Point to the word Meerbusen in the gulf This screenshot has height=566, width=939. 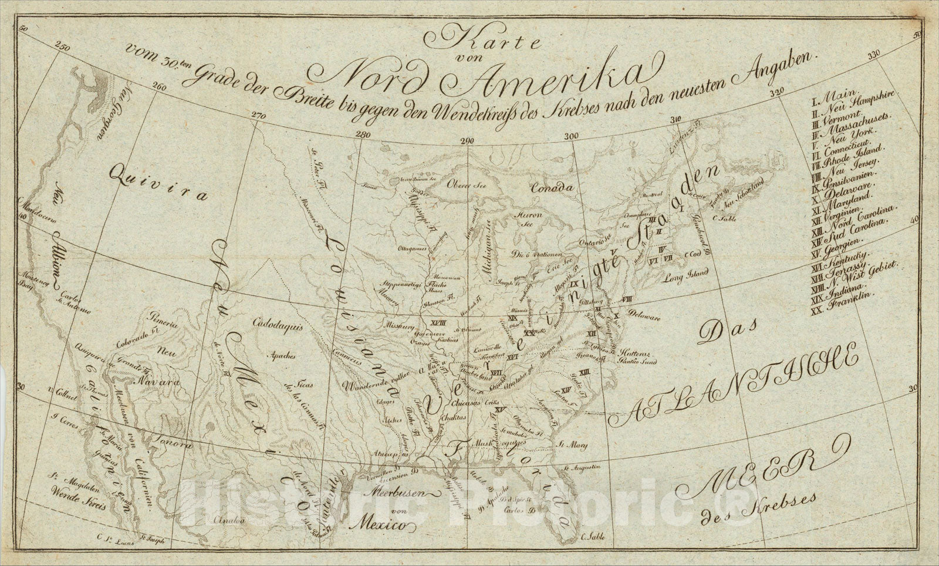tap(401, 491)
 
